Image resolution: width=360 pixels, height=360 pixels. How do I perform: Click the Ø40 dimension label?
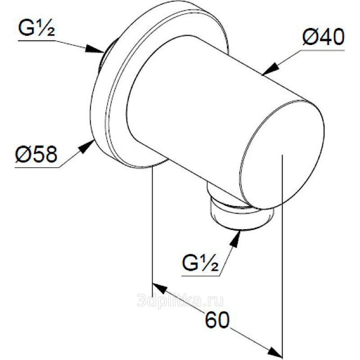[323, 37]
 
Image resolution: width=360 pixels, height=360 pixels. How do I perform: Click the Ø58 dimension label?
[36, 154]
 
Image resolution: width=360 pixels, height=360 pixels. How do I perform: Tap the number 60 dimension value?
[217, 319]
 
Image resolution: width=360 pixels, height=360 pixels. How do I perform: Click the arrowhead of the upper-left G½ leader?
[94, 49]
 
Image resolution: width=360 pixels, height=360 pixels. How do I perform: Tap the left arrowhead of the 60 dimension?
[159, 288]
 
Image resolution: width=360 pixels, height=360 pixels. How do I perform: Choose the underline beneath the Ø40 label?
[323, 50]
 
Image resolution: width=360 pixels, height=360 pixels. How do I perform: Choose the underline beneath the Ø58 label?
[37, 167]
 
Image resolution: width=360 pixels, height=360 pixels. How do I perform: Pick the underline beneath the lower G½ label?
[201, 275]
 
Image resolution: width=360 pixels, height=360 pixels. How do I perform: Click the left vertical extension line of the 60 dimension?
[153, 230]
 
